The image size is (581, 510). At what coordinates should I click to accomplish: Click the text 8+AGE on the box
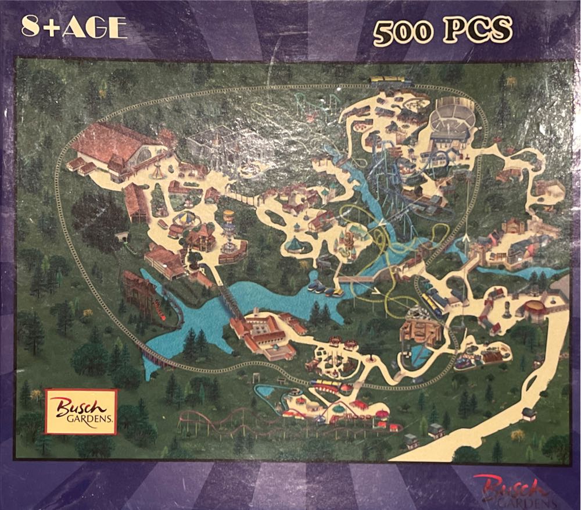73,27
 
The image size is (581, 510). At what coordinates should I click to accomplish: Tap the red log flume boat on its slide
167,317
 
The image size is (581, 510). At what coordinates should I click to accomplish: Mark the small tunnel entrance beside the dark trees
123,237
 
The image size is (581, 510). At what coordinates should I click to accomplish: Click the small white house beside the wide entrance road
528,414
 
